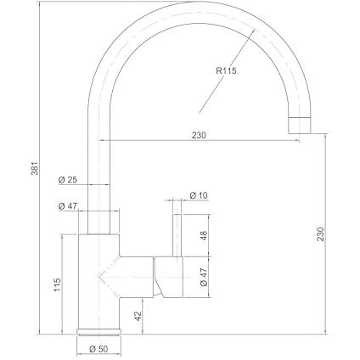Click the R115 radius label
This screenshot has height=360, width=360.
coord(226,70)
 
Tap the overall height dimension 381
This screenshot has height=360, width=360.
coord(34,168)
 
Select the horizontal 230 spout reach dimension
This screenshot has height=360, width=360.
coord(200,135)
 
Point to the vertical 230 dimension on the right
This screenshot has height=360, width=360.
coord(320,233)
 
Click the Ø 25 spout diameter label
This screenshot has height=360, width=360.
coord(68,180)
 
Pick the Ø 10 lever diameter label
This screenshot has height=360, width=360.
coord(199,195)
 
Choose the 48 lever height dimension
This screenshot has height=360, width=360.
coord(203,235)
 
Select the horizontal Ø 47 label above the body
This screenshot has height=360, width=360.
coord(68,206)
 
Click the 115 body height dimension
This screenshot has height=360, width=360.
coord(57,284)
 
